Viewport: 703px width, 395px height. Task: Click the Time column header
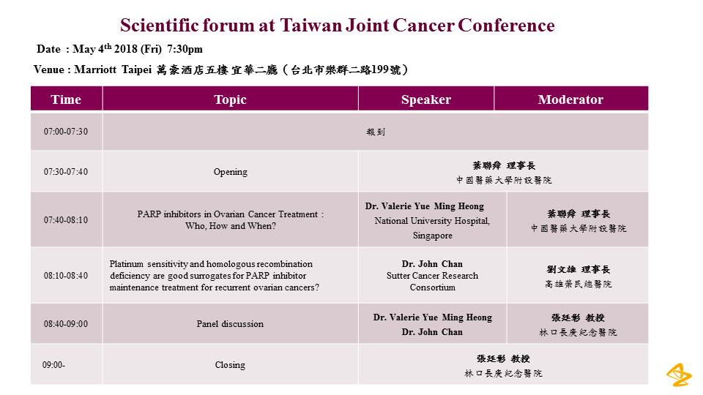coord(66,99)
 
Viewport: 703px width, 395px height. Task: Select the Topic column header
coord(230,99)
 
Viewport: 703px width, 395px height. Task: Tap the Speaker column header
coord(426,99)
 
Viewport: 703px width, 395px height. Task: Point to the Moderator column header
coord(570,99)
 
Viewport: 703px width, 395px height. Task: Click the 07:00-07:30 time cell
coord(66,131)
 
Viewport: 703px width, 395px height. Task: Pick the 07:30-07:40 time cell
coord(66,171)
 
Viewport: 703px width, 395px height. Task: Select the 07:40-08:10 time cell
coord(66,220)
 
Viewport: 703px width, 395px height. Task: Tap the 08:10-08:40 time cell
coord(66,276)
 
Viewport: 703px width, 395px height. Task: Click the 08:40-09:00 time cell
coord(66,324)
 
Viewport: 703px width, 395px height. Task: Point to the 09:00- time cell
coord(53,365)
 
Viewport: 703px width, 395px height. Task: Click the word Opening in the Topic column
coord(231,172)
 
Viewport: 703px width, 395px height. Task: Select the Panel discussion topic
coord(230,324)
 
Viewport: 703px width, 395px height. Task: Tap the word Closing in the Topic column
coord(230,365)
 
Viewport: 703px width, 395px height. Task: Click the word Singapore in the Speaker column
coord(433,236)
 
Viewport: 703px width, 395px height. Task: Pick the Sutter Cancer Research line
coord(432,276)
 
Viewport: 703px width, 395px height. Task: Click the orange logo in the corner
coord(679,375)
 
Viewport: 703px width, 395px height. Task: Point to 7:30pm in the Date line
coord(185,49)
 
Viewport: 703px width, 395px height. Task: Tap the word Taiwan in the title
coord(310,25)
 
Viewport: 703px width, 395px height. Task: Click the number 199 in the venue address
coord(380,69)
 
